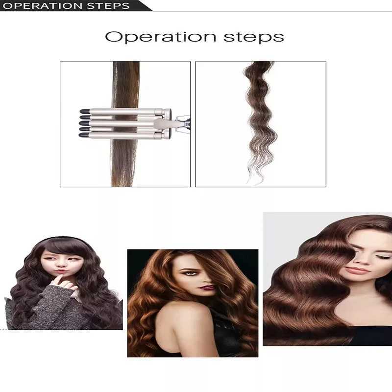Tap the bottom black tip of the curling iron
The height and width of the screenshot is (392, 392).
85,134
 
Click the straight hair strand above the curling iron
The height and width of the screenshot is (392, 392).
126,83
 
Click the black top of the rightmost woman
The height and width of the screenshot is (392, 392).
372,336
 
